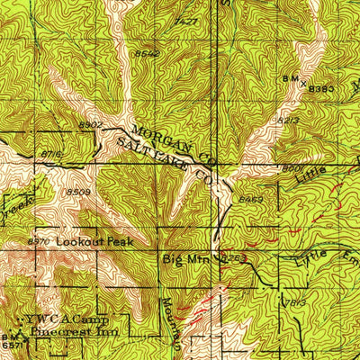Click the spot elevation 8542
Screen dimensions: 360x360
click(x=147, y=54)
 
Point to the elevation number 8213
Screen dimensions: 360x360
click(x=288, y=119)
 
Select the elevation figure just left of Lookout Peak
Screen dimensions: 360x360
click(x=39, y=241)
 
